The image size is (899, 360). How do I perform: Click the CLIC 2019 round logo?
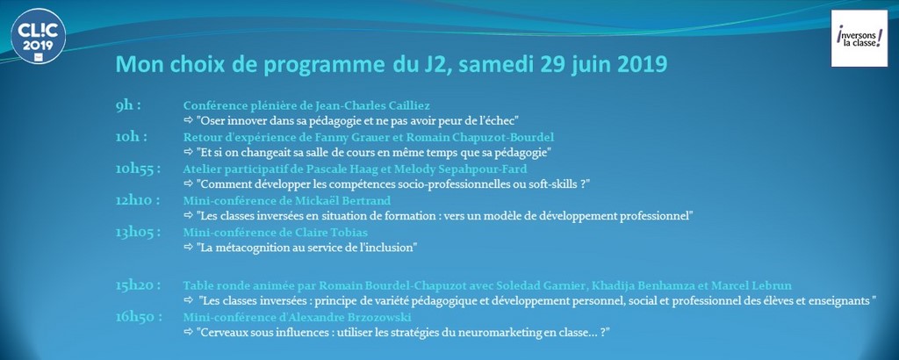click(x=38, y=36)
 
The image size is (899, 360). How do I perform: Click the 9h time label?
click(x=128, y=106)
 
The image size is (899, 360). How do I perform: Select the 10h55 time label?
click(x=138, y=169)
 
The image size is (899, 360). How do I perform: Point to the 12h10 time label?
click(x=138, y=201)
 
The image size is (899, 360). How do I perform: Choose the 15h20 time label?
click(x=138, y=284)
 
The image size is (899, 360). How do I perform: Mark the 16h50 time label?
click(x=138, y=317)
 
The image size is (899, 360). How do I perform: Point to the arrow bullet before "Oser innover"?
click(x=189, y=120)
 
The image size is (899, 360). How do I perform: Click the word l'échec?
click(x=500, y=120)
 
